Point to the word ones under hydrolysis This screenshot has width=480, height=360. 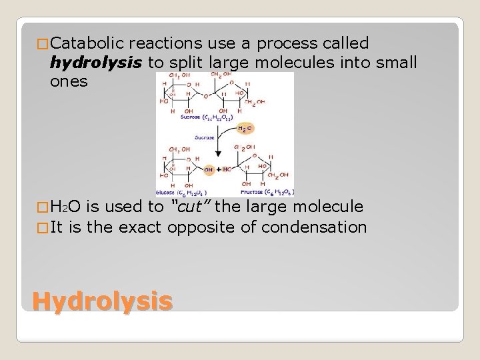click(68, 81)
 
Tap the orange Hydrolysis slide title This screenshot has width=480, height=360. click(102, 301)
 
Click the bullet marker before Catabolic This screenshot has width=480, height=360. click(41, 45)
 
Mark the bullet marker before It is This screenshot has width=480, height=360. click(41, 228)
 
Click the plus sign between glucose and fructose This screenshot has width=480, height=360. click(219, 170)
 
